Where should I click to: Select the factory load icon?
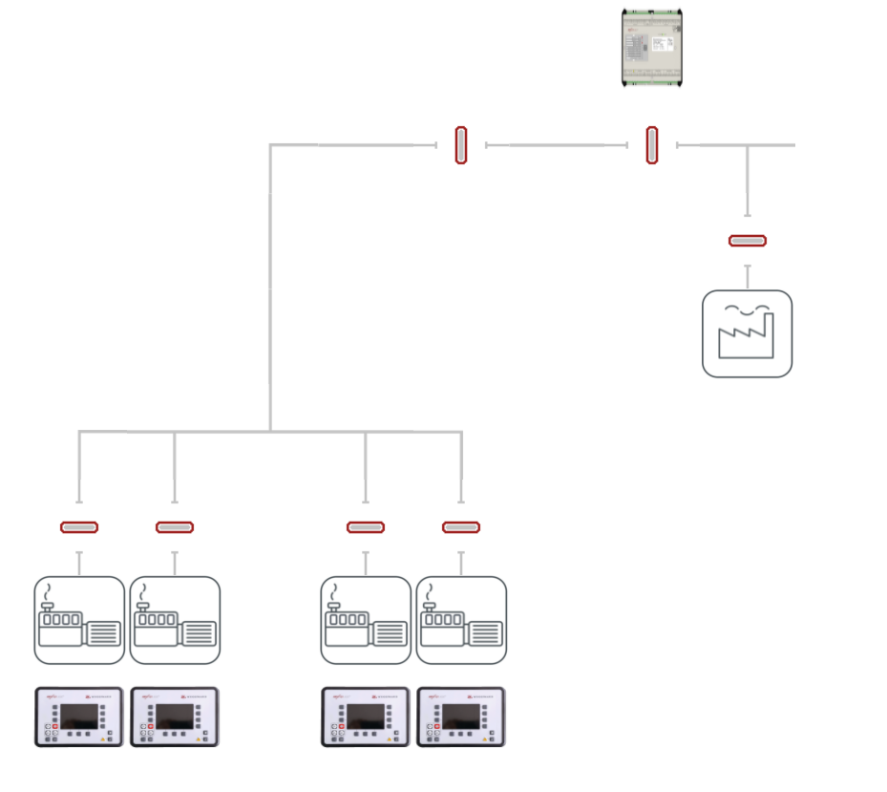[747, 333]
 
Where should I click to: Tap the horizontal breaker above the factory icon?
[747, 241]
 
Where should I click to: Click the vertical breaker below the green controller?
[652, 145]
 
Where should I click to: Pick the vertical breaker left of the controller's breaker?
[461, 145]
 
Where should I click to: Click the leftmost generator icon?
[79, 620]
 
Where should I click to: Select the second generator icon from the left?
[175, 620]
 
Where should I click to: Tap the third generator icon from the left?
[366, 620]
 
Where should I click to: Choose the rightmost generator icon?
[461, 620]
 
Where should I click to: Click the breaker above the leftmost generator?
[79, 527]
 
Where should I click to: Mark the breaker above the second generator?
[175, 527]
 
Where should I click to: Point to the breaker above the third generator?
[366, 527]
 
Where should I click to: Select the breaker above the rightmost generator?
[461, 527]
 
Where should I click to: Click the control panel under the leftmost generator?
[79, 717]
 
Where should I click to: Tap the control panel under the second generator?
[175, 717]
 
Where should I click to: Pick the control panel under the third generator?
[366, 717]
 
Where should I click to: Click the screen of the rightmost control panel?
[460, 716]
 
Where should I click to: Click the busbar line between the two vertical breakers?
[557, 145]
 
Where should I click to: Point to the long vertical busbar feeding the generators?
[270, 287]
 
